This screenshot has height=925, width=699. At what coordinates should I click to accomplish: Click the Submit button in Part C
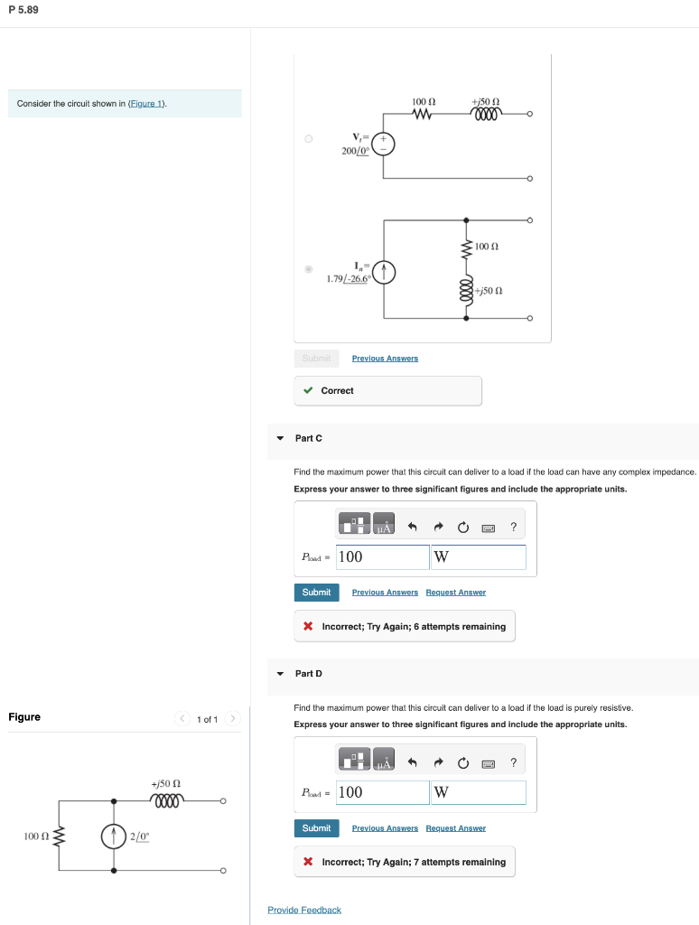(x=316, y=593)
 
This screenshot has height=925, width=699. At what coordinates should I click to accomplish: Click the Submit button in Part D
(x=316, y=828)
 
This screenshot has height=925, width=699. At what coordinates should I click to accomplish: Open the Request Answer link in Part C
(x=455, y=593)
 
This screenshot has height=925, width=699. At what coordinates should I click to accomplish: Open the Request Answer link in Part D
(x=455, y=828)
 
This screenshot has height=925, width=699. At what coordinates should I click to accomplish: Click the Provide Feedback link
(x=304, y=910)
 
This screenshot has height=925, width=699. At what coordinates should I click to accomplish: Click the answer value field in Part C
(x=382, y=557)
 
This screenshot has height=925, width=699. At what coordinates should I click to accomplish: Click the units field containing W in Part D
(x=479, y=793)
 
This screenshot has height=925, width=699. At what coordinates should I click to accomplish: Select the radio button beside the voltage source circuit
(x=308, y=139)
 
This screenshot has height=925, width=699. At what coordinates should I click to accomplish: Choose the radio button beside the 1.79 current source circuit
(x=308, y=269)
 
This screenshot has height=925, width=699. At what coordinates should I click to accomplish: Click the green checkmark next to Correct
(x=308, y=391)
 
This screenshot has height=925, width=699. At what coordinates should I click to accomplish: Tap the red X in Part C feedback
(x=308, y=627)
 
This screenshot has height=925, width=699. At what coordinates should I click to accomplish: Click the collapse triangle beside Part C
(x=280, y=438)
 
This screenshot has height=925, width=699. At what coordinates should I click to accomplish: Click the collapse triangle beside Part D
(x=280, y=674)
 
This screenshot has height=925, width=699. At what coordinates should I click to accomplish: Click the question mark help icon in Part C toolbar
(x=513, y=528)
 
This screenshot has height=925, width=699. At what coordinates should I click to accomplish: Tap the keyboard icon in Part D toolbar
(x=488, y=763)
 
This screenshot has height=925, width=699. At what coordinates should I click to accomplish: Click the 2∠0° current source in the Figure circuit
(x=114, y=836)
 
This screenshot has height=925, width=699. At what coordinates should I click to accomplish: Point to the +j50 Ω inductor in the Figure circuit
(x=169, y=799)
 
